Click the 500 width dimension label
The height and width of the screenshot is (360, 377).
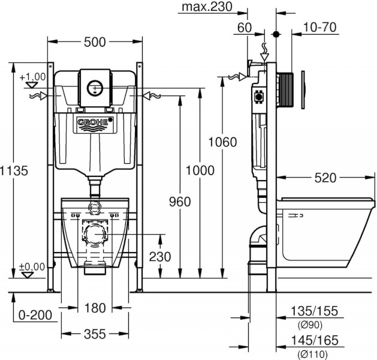(x=95, y=41)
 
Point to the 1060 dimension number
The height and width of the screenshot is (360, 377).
(x=222, y=142)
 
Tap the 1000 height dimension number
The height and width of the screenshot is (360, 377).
(x=200, y=170)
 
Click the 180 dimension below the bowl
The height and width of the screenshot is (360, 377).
(x=95, y=308)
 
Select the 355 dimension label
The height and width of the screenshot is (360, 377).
(x=95, y=333)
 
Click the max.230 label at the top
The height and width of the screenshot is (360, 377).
(x=205, y=8)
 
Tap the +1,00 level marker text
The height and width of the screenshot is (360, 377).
(x=32, y=77)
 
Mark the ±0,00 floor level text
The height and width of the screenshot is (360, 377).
(x=32, y=266)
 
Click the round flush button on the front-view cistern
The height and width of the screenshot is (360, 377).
(x=95, y=86)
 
